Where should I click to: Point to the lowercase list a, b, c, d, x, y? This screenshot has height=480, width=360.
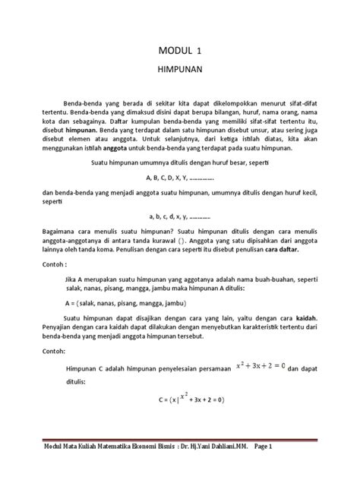click(180, 215)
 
